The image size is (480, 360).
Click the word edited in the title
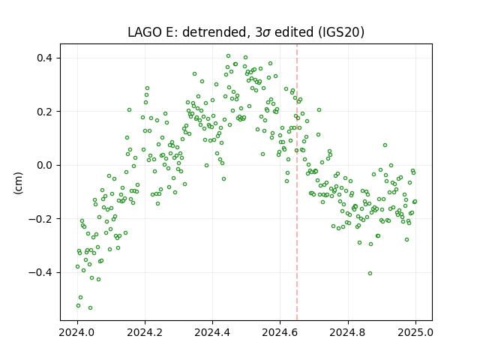tap(294, 32)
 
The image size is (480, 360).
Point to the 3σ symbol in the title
tap(262, 32)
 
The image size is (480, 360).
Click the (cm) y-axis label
tap(18, 183)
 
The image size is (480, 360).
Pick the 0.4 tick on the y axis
tap(45, 58)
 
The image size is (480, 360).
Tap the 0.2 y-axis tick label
tap(45, 112)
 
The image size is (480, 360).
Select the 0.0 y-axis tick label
tap(45, 165)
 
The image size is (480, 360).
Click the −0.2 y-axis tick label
tap(40, 218)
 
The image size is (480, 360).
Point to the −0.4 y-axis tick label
tap(40, 272)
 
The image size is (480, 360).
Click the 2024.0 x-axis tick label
tap(77, 332)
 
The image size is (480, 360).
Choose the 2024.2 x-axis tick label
tap(145, 332)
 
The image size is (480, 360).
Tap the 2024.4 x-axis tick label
tap(212, 332)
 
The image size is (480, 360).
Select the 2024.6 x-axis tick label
tap(280, 332)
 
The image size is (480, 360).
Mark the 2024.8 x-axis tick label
tap(348, 332)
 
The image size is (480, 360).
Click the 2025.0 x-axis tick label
tap(415, 332)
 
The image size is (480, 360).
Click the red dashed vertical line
tap(297, 182)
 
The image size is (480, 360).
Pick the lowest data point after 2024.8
tap(370, 273)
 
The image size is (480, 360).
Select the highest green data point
tap(228, 56)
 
